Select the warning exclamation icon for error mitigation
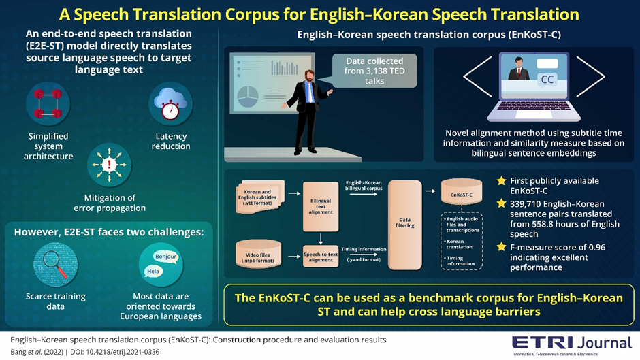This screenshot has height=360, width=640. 109,165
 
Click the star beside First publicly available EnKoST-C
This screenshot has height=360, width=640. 502,181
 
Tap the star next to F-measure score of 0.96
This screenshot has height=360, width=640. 502,247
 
